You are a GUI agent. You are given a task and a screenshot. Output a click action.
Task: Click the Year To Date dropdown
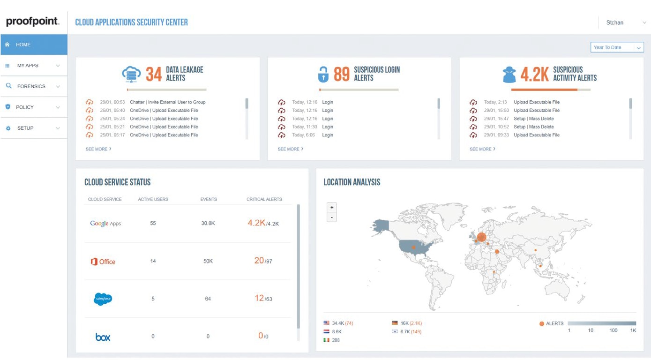(617, 47)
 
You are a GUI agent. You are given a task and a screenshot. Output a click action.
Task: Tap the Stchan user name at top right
(614, 22)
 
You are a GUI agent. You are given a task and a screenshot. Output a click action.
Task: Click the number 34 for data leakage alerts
(153, 74)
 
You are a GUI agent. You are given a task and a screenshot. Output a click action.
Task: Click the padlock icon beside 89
(323, 74)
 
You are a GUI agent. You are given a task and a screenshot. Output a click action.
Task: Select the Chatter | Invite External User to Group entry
(167, 102)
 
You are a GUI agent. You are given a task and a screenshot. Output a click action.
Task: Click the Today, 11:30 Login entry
(327, 127)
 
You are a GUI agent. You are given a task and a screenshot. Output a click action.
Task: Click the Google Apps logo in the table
(105, 224)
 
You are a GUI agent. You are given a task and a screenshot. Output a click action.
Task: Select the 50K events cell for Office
(208, 261)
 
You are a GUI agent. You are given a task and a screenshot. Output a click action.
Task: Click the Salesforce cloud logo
(103, 299)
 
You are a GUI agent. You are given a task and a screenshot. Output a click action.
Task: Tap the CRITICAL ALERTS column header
(264, 199)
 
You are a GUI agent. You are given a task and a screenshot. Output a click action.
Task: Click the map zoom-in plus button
(332, 207)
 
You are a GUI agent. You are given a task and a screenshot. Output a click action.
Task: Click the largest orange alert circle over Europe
(481, 237)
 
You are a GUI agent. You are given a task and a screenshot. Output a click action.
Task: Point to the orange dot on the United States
(413, 247)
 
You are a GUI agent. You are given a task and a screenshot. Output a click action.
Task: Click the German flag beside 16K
(395, 323)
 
